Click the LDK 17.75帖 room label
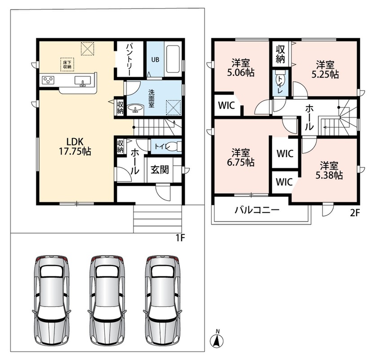pos(75,147)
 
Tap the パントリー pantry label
pos(129,59)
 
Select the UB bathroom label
pos(155,60)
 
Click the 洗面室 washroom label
pos(151,99)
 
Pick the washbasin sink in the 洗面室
pos(135,108)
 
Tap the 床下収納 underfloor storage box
pos(67,64)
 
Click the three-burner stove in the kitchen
pos(48,80)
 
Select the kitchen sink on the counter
pos(83,81)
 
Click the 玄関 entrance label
pos(160,170)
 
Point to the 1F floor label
pos(180,238)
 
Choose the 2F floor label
pos(355,213)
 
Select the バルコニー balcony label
pos(257,210)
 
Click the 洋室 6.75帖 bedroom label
pos(241,157)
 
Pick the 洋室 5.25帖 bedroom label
pos(325,69)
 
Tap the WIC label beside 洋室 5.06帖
pos(226,105)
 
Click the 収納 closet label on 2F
pos(280,54)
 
